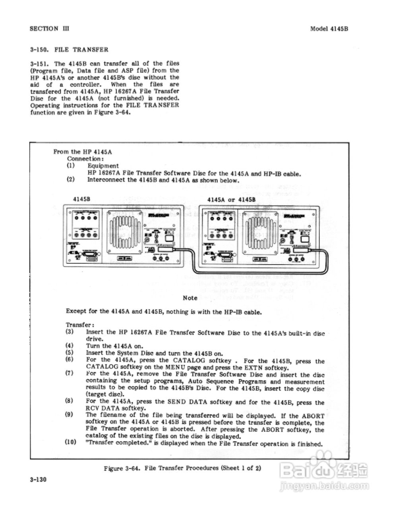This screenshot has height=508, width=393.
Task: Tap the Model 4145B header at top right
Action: (329, 29)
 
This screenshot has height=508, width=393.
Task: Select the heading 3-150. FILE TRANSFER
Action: (69, 50)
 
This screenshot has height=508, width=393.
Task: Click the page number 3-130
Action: (38, 479)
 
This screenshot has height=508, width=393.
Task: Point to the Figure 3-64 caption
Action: (182, 468)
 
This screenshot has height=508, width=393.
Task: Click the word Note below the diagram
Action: (190, 298)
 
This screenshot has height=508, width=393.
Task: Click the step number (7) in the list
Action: (70, 373)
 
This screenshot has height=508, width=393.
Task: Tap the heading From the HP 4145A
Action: (83, 152)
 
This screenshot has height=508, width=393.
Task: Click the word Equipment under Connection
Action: (103, 165)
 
